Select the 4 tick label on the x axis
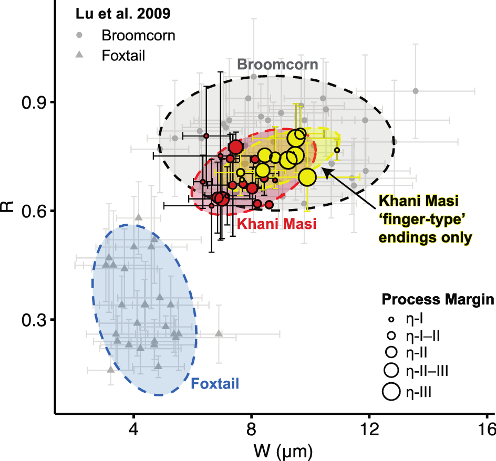[134, 426]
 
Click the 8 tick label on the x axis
[252, 426]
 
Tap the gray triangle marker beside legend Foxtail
[79, 55]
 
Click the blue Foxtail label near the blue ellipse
[214, 384]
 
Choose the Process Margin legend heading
[437, 300]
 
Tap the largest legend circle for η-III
[391, 391]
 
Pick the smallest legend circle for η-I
[391, 318]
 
